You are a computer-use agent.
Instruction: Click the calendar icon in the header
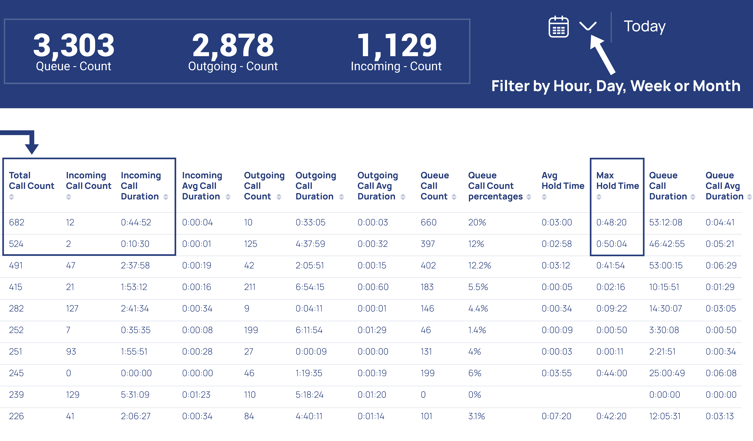[x=558, y=27]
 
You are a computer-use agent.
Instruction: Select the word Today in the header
[x=645, y=26]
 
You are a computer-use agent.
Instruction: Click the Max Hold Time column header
[x=617, y=181]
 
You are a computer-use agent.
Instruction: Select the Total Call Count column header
[x=31, y=181]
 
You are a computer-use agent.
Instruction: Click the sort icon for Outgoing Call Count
[x=279, y=197]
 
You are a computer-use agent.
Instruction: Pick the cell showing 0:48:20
[x=611, y=222]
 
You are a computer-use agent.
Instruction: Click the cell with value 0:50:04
[x=611, y=244]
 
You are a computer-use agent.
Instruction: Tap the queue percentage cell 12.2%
[x=479, y=265]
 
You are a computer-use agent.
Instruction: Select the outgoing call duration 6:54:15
[x=310, y=287]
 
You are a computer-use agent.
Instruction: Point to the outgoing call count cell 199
[x=251, y=330]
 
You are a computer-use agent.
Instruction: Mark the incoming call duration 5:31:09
[x=135, y=395]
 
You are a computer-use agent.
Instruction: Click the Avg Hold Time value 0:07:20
[x=556, y=416]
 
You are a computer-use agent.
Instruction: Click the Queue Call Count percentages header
[x=495, y=186]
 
